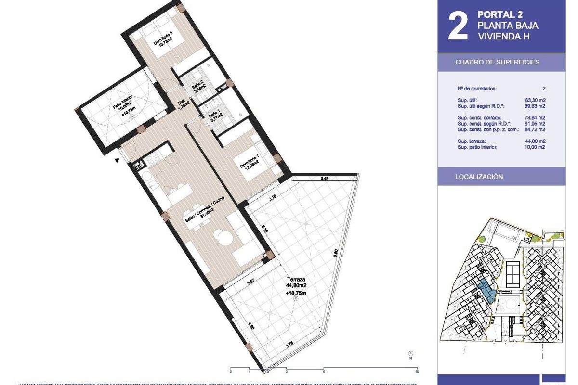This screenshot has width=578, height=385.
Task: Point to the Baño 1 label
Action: point(214,117)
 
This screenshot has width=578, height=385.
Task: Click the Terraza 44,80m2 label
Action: point(296,282)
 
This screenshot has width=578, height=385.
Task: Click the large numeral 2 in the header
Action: point(458,27)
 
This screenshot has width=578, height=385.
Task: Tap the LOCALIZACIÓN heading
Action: point(479,177)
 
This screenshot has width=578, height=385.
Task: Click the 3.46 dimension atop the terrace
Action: point(325,179)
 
